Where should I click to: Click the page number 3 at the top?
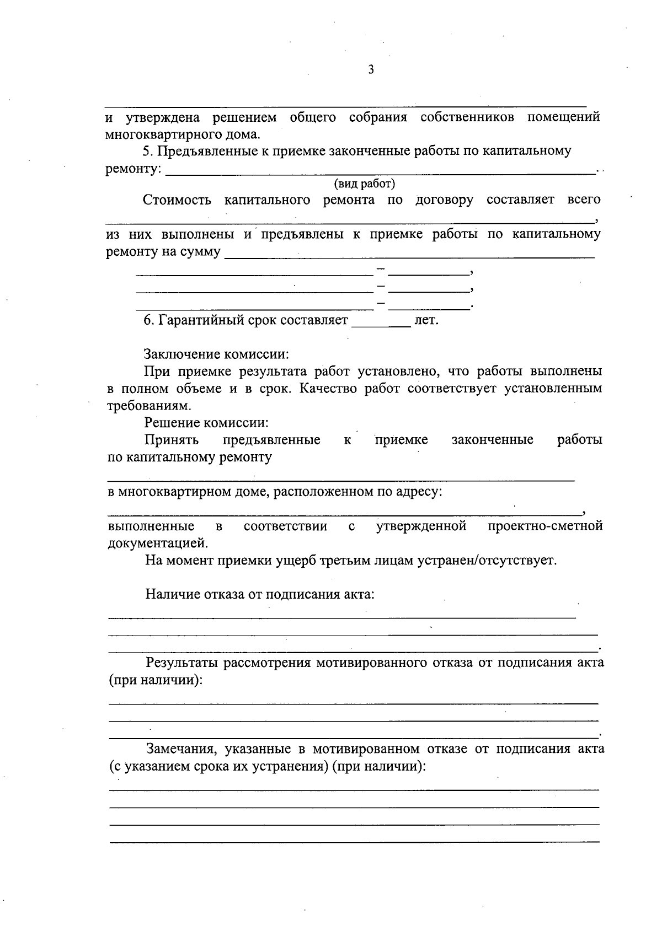pyautogui.click(x=371, y=70)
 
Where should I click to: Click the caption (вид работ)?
pyautogui.click(x=364, y=184)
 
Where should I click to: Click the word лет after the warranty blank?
pyautogui.click(x=426, y=320)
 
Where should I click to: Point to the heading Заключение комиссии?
pyautogui.click(x=216, y=354)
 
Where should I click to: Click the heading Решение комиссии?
pyautogui.click(x=207, y=423)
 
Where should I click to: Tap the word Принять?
pyautogui.click(x=172, y=440)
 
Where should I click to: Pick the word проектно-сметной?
pyautogui.click(x=545, y=526)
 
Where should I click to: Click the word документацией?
pyautogui.click(x=158, y=543)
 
